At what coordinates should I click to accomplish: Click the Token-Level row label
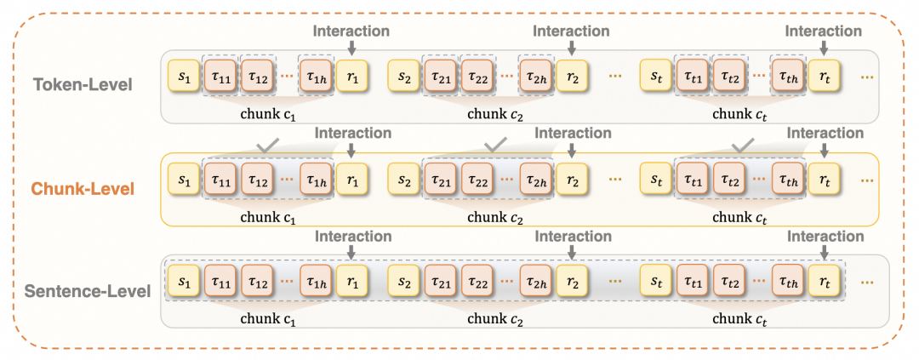(x=83, y=85)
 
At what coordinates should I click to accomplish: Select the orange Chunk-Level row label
(x=83, y=189)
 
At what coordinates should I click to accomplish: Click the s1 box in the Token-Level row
(x=182, y=76)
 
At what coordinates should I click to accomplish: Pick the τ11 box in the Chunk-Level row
(x=220, y=180)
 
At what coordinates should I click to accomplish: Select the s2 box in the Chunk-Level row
(x=402, y=180)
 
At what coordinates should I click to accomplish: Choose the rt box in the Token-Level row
(x=824, y=76)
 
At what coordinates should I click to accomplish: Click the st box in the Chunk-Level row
(x=654, y=180)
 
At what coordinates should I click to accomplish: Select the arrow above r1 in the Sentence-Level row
(x=351, y=253)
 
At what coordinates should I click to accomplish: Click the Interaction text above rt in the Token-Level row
(x=823, y=31)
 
